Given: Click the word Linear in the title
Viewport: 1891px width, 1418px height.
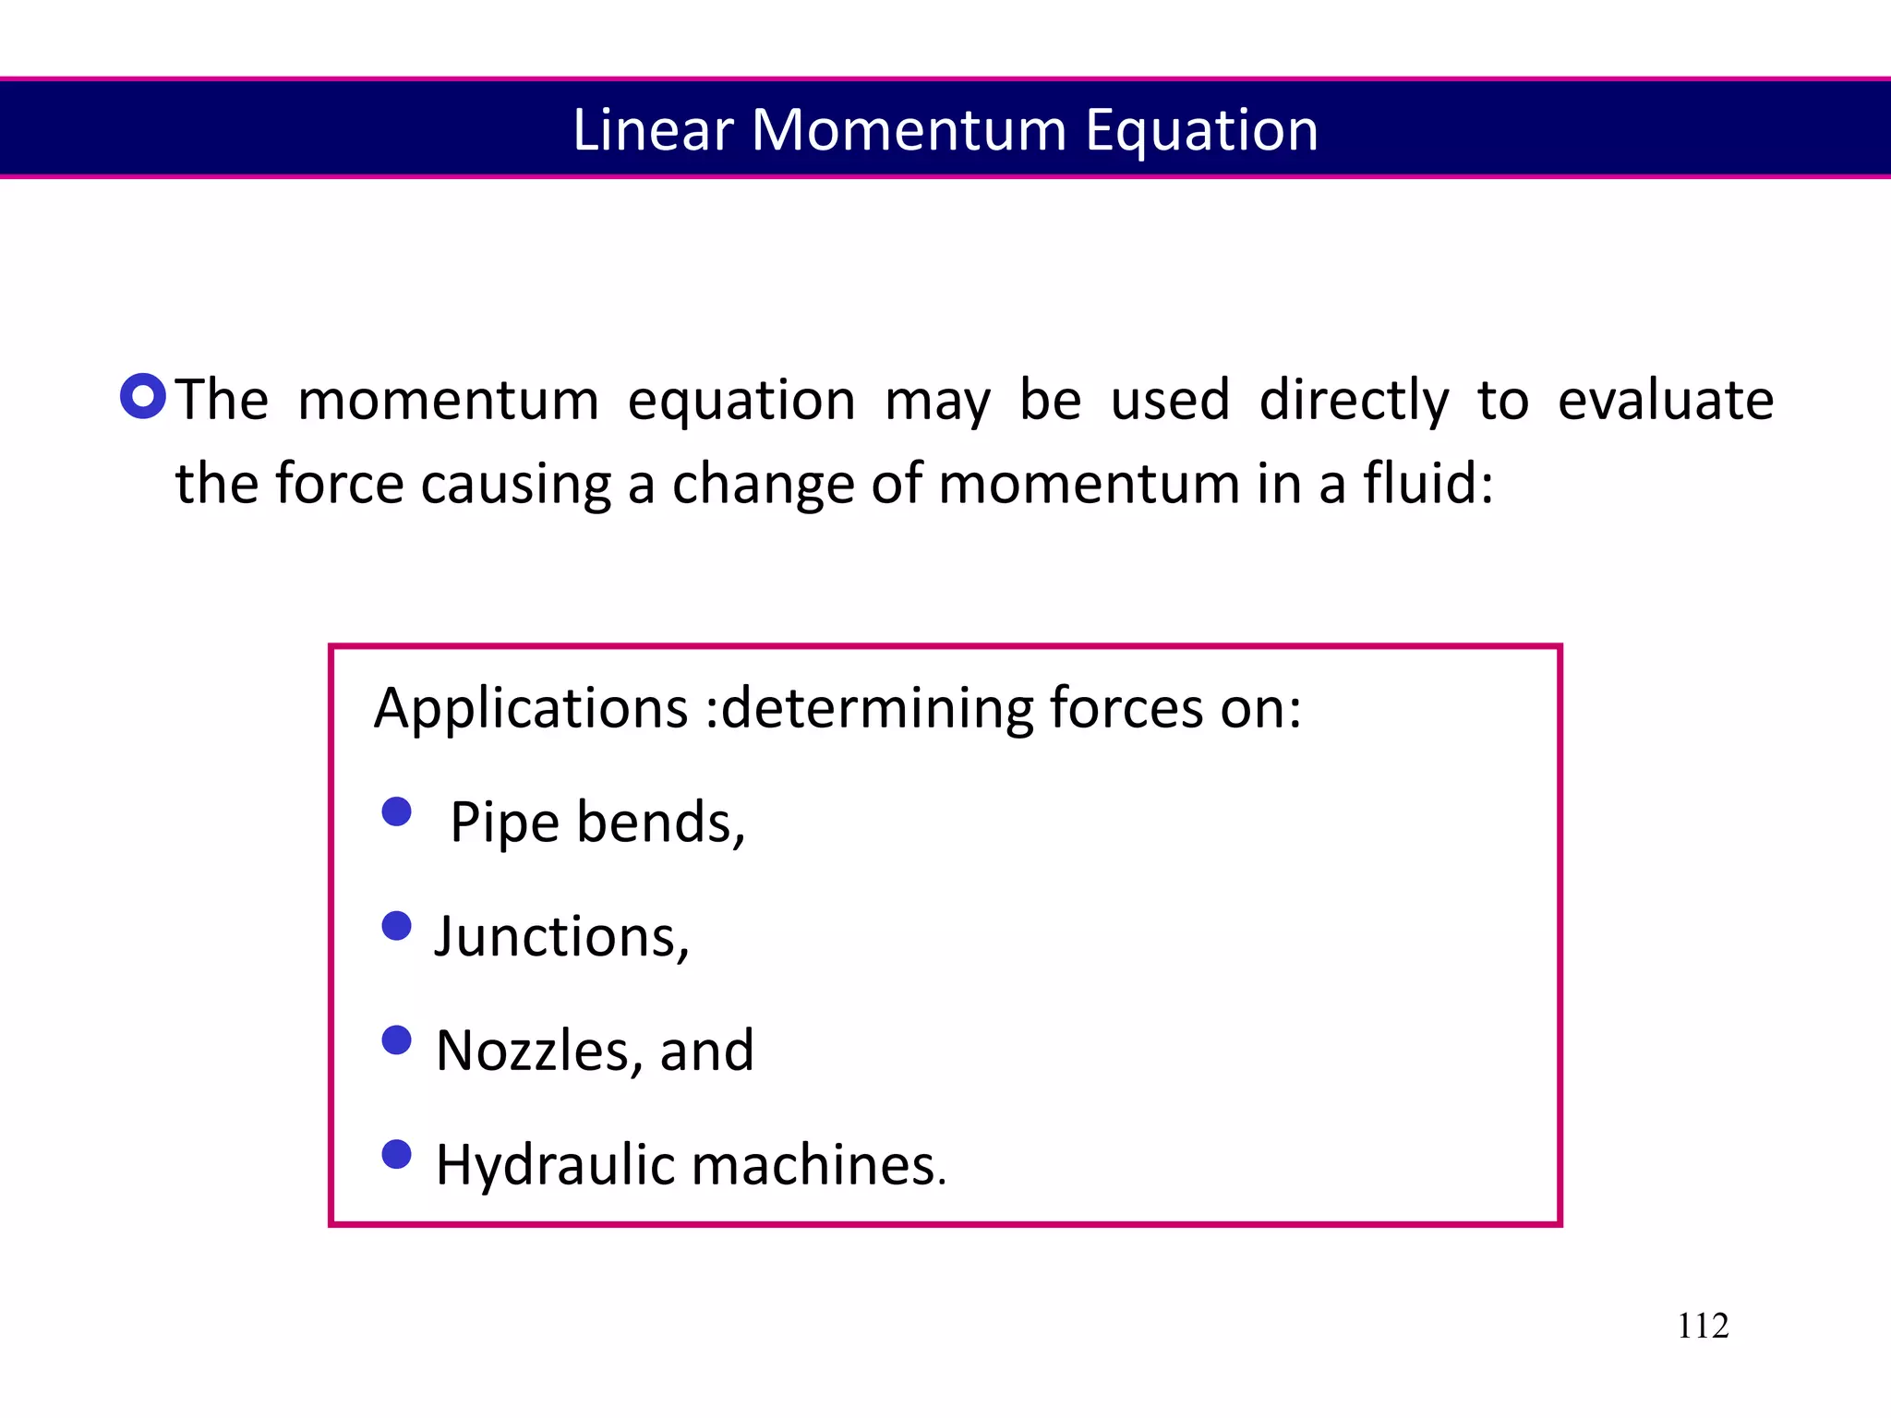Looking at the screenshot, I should point(652,129).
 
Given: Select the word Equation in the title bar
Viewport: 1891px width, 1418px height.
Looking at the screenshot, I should point(1201,131).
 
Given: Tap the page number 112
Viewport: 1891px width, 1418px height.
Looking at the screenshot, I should point(1702,1326).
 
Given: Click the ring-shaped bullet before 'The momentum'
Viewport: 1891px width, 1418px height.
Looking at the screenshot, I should point(143,397).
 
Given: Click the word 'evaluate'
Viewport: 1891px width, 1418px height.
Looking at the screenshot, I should point(1665,401).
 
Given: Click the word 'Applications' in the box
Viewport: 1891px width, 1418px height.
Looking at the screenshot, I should point(531,710).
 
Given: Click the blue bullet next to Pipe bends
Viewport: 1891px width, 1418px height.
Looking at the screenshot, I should point(396,812).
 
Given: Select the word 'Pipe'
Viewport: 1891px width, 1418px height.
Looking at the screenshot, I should point(504,823).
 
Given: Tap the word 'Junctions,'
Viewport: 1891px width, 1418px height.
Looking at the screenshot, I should point(562,936).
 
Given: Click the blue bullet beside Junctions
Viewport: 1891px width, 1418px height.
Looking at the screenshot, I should point(396,926).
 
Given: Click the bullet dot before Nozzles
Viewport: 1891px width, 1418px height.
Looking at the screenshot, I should point(396,1040).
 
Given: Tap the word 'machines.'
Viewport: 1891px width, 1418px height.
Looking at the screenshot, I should point(819,1165).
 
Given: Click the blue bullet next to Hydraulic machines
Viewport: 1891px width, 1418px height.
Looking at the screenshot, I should point(396,1154).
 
